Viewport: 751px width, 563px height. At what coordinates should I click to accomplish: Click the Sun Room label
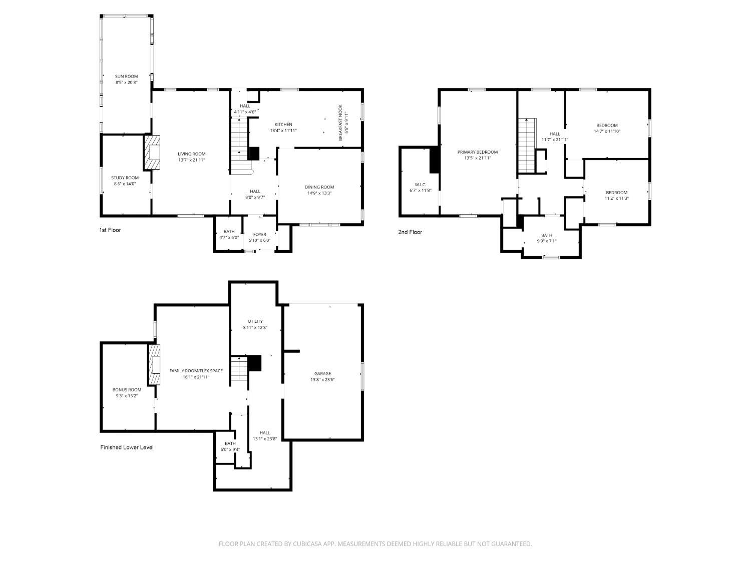tap(126, 77)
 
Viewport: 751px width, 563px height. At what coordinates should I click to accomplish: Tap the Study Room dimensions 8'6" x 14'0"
tap(125, 184)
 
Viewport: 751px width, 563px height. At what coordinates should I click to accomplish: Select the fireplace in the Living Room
tap(152, 152)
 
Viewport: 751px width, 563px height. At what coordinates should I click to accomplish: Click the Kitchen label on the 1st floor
tap(283, 125)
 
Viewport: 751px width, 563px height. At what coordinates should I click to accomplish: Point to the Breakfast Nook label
tap(340, 122)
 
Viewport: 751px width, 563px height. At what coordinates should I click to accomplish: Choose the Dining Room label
tap(319, 187)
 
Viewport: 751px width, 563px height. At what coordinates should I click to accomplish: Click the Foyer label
tap(259, 234)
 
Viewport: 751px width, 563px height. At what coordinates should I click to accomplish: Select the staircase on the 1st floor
tap(239, 145)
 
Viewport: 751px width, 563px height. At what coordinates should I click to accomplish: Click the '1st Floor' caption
tap(110, 230)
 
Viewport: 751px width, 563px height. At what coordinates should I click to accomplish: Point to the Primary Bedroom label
tap(477, 152)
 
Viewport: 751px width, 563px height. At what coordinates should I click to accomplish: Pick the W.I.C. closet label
tap(420, 184)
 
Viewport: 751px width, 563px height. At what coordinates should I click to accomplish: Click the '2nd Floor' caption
tap(410, 232)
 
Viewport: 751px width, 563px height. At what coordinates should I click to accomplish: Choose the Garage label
tap(322, 374)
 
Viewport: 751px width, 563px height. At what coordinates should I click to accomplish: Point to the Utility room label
tap(255, 321)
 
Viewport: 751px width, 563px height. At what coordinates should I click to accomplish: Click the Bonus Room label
tap(127, 390)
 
